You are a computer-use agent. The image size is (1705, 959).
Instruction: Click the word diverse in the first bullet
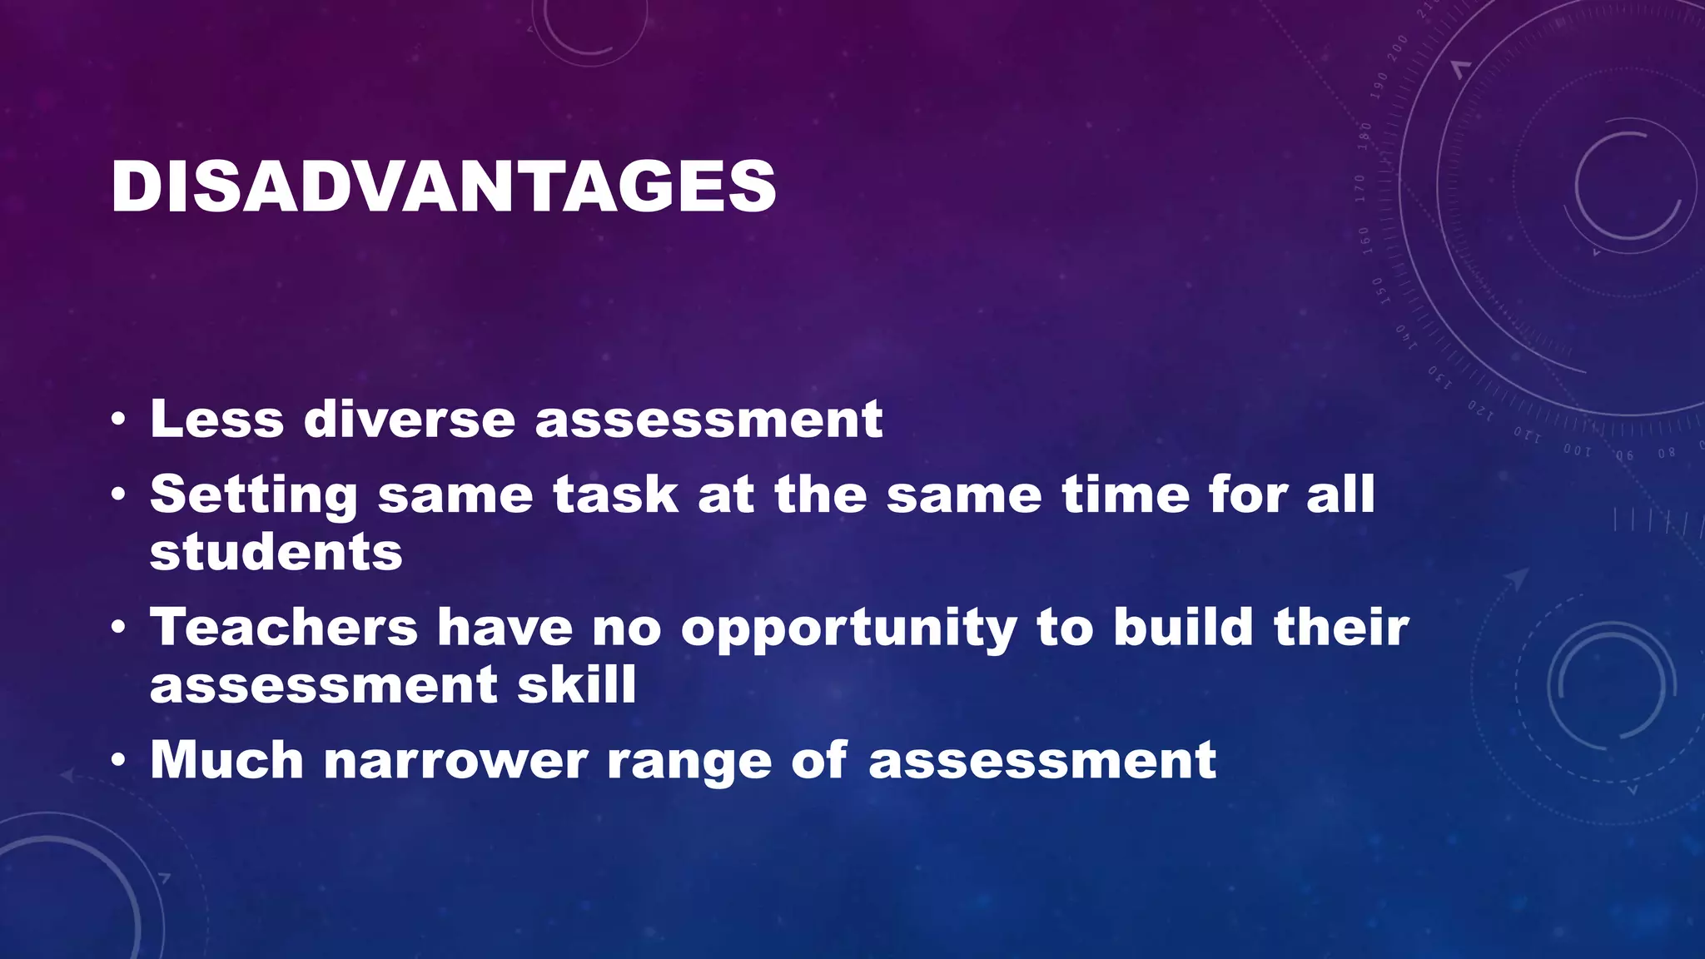tap(410, 419)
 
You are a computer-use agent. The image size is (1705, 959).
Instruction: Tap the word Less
tap(216, 419)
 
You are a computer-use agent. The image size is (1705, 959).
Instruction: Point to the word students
tap(276, 553)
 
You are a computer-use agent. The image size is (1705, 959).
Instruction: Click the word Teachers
tap(283, 627)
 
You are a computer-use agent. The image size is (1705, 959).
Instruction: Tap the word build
tap(1183, 627)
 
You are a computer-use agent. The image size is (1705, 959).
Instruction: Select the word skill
tap(576, 685)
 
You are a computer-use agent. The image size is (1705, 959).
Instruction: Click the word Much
tap(226, 760)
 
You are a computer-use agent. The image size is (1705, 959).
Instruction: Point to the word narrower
tap(455, 762)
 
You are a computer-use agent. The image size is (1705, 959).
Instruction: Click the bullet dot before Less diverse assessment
tap(118, 420)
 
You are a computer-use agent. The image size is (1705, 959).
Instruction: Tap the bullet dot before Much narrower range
tap(118, 761)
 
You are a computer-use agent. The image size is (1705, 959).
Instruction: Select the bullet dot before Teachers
tap(118, 628)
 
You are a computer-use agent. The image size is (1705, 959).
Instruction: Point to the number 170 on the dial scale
tap(1360, 188)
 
